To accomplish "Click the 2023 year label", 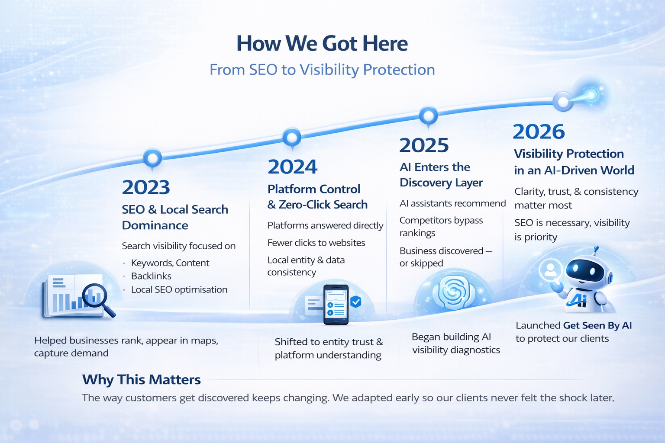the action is (146, 187).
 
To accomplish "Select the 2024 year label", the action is (292, 167).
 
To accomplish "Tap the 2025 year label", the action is (424, 145).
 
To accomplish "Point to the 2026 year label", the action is (539, 132).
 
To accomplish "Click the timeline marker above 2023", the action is (152, 158).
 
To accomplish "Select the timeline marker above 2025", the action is (428, 116).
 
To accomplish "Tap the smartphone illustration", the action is (336, 305).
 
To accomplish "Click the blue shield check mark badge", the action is (355, 302).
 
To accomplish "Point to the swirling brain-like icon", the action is (453, 292).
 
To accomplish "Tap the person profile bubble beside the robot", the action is (551, 270).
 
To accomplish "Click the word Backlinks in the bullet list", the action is (151, 276).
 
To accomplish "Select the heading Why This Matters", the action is (141, 379).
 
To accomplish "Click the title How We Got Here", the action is (322, 44).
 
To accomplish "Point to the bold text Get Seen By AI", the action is (597, 325).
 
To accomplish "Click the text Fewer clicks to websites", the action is (316, 243).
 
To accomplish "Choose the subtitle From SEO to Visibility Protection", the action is (323, 70).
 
